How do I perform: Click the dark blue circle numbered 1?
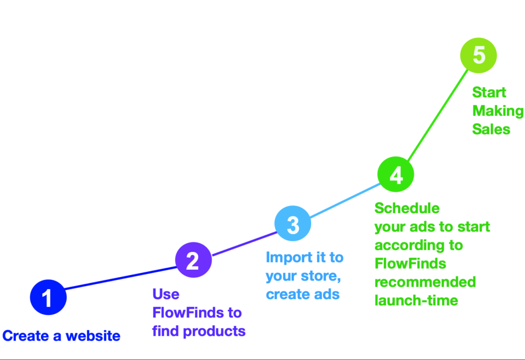click(48, 297)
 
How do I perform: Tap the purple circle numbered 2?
click(193, 260)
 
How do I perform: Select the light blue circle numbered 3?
click(293, 224)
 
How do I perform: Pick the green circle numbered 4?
click(396, 174)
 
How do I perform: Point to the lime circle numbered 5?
click(478, 55)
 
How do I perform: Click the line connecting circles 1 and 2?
click(121, 278)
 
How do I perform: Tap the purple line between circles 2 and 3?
click(245, 244)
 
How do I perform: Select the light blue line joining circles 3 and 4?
click(345, 200)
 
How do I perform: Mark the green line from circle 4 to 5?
click(438, 115)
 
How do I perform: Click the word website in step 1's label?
click(93, 336)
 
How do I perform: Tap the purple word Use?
click(166, 294)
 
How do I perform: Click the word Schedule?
click(407, 208)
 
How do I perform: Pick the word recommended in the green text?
click(425, 282)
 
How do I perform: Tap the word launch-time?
click(416, 301)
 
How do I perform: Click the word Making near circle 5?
click(498, 111)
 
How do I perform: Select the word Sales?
click(491, 129)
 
